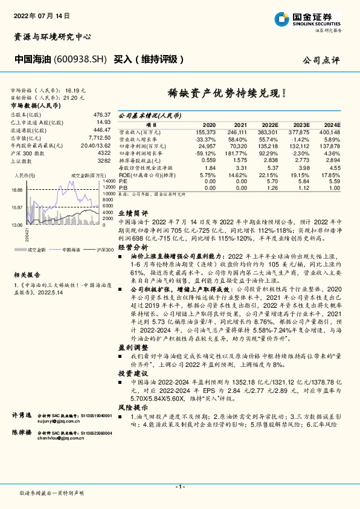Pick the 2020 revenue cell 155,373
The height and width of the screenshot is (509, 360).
[x=205, y=131]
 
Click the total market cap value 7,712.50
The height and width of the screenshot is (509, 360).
[x=99, y=138]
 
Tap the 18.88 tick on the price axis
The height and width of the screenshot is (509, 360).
[x=16, y=189]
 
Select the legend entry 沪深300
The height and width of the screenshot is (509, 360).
[x=104, y=249]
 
